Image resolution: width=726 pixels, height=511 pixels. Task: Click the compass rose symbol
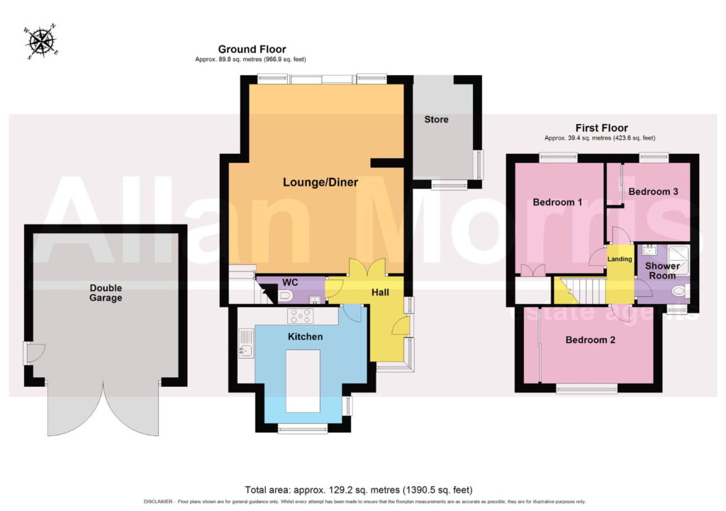[x=41, y=42]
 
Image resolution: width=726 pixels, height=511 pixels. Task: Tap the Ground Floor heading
[x=252, y=49]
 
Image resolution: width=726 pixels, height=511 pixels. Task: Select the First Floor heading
[x=601, y=128]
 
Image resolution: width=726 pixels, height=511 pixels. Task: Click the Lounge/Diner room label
[x=320, y=182]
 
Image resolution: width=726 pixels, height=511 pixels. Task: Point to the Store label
[x=436, y=119]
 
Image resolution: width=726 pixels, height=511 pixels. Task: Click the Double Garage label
[x=106, y=293]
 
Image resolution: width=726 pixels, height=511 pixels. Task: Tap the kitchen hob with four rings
[x=300, y=316]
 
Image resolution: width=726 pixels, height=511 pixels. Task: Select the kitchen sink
[x=245, y=344]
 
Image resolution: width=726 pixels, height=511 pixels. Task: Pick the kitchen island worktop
[x=303, y=381]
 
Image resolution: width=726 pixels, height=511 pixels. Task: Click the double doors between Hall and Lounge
[x=367, y=267]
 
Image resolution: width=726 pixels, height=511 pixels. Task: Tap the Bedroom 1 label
[x=557, y=202]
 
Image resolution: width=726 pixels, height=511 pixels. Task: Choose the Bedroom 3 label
[x=653, y=191]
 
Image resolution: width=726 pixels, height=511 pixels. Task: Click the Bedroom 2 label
[x=591, y=340]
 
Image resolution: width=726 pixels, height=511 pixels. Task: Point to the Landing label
[x=620, y=259]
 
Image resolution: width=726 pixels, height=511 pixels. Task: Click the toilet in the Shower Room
[x=681, y=291]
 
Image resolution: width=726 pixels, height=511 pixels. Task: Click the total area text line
[x=359, y=490]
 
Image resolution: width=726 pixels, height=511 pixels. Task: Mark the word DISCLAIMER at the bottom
[x=158, y=502]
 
